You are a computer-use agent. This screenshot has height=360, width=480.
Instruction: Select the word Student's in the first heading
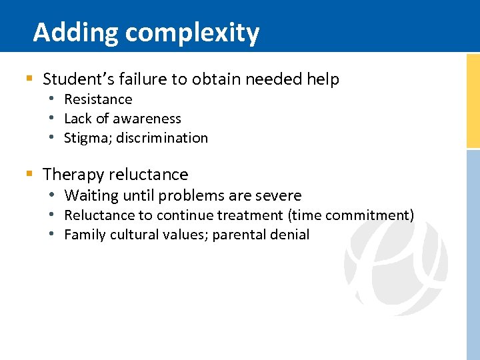click(73, 79)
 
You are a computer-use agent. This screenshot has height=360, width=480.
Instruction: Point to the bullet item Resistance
click(98, 99)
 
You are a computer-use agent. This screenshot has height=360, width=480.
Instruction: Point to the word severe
click(278, 195)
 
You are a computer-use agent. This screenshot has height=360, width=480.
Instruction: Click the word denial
click(289, 235)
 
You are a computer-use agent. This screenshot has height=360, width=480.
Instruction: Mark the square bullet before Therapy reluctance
click(29, 175)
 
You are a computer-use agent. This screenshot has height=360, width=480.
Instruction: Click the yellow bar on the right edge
click(473, 100)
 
